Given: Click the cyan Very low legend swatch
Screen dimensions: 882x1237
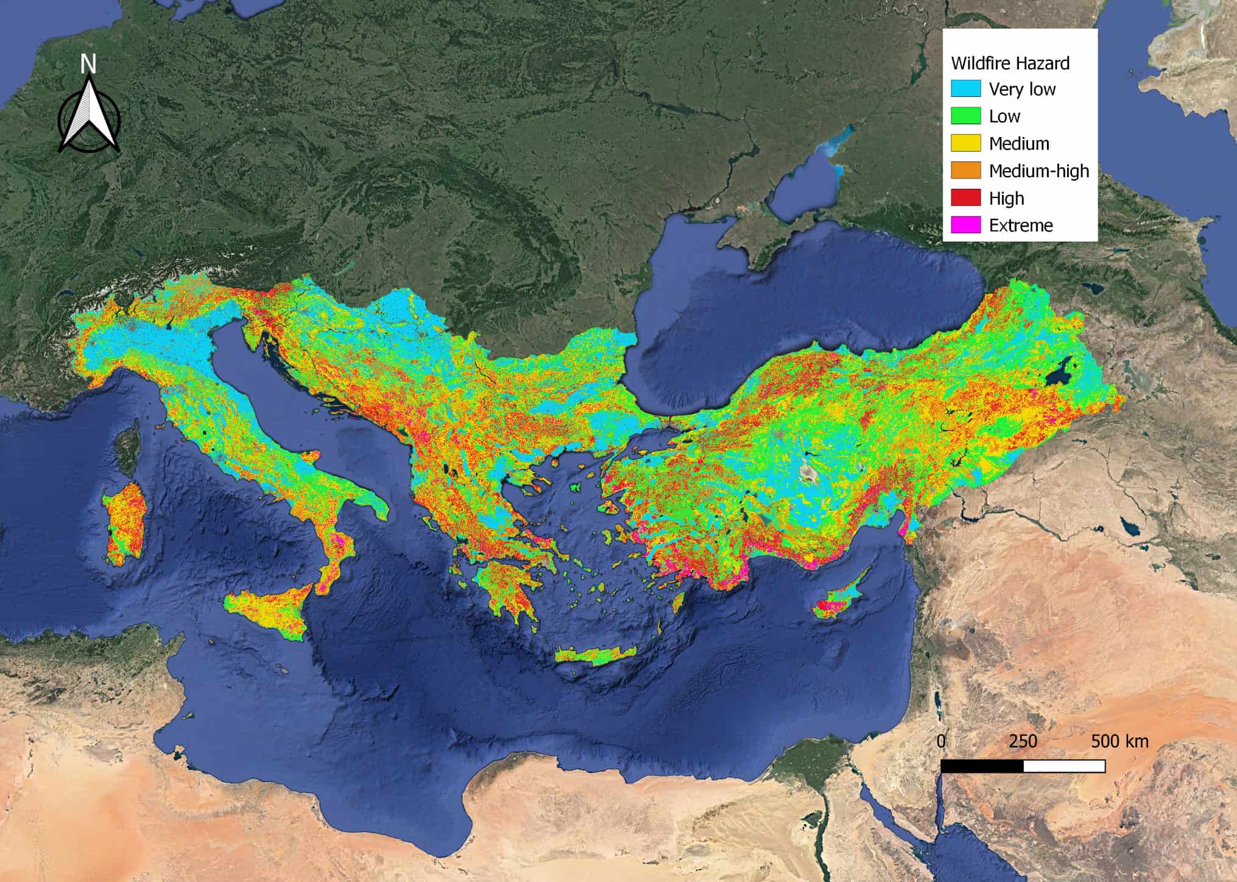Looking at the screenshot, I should [x=966, y=89].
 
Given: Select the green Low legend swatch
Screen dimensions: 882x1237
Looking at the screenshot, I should [x=966, y=116].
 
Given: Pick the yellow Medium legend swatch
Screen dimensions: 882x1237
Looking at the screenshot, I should [x=966, y=143].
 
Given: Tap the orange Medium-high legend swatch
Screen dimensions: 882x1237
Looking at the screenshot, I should [x=966, y=171].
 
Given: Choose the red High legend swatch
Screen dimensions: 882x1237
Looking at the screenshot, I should [x=966, y=198].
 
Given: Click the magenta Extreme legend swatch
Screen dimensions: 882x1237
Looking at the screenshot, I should [x=966, y=225].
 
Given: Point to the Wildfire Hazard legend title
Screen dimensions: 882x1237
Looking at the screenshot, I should [x=1010, y=63].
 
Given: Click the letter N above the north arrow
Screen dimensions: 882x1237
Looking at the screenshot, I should [x=89, y=64].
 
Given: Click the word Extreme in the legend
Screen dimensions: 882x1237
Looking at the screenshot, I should [x=1021, y=225].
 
